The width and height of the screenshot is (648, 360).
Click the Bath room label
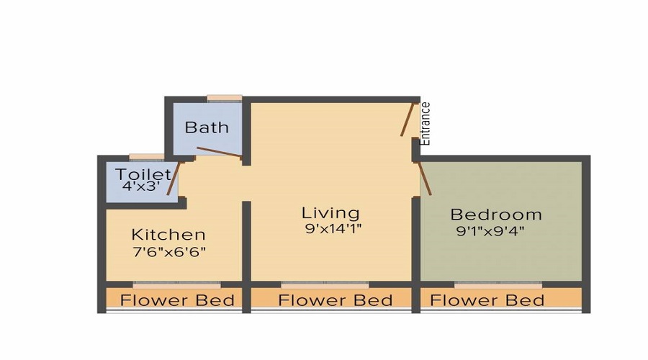tap(207, 127)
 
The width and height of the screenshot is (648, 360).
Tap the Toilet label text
tap(143, 174)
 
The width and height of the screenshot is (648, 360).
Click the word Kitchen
tap(168, 235)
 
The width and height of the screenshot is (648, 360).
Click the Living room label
tap(330, 213)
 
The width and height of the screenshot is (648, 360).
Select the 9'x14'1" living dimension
tap(333, 230)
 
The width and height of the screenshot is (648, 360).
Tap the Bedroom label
tap(495, 215)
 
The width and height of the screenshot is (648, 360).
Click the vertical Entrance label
tap(426, 124)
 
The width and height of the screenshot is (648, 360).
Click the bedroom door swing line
tap(426, 179)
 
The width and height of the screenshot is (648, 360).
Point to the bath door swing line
tap(219, 152)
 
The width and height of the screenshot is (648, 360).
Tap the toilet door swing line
tap(173, 180)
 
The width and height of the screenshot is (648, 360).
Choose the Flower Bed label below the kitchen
tap(178, 300)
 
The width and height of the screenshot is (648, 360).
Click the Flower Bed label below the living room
tap(336, 300)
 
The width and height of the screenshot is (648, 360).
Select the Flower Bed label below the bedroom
tap(487, 300)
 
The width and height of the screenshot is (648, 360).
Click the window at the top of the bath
tap(223, 98)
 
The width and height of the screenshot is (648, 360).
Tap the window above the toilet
tap(146, 156)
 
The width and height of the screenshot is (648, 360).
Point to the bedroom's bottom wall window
tap(498, 284)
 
